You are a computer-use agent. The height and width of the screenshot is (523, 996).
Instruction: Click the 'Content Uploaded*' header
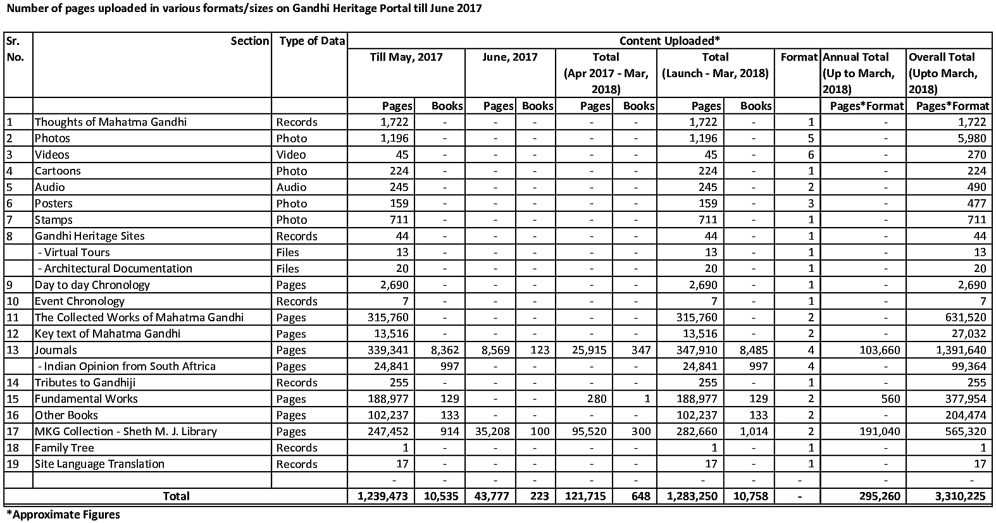tap(669, 41)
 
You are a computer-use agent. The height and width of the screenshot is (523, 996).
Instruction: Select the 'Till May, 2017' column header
tap(406, 57)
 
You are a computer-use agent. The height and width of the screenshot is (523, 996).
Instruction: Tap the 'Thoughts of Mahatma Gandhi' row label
tap(111, 122)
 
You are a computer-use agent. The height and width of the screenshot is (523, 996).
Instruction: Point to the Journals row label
tap(56, 350)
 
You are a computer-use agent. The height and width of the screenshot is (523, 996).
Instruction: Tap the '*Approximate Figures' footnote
tap(63, 514)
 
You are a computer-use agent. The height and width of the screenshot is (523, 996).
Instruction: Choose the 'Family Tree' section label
tap(65, 448)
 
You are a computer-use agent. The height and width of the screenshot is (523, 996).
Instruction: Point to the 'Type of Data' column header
tap(312, 41)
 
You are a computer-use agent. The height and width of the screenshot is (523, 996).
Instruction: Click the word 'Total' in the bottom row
tap(176, 496)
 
